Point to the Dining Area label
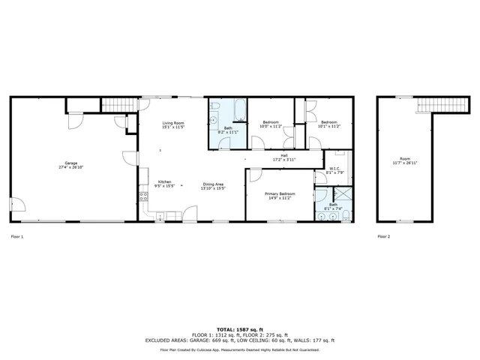click(213, 186)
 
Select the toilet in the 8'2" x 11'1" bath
click(214, 119)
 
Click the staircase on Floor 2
click(433, 104)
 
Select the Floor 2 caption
click(383, 236)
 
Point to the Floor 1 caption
click(17, 236)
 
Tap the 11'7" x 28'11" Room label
click(405, 160)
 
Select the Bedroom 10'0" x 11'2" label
click(271, 124)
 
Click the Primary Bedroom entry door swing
click(255, 176)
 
